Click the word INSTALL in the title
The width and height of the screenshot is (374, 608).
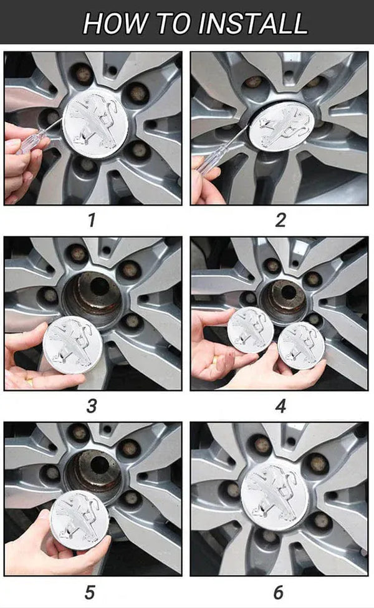coord(252,24)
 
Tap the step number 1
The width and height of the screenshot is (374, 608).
coord(92,220)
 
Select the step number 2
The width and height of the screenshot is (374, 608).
coord(280,220)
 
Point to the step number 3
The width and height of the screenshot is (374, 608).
coord(91,406)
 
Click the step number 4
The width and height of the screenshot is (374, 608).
coord(280,406)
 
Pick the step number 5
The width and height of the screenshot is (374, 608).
coord(90,592)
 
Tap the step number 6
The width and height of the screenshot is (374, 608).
coord(279,592)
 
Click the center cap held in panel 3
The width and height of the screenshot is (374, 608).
coord(72,345)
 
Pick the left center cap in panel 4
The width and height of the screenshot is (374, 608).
coord(251,330)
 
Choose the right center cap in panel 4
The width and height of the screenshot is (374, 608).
coord(302,345)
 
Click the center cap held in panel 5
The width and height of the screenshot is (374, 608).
coord(80,519)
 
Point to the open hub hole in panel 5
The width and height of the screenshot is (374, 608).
coord(100,464)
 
